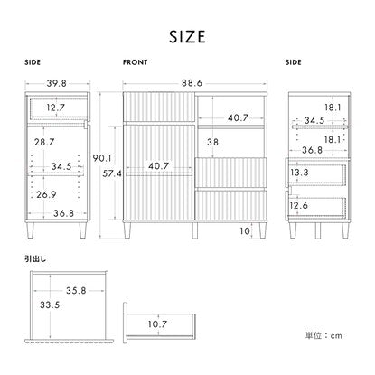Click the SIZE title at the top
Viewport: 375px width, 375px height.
(x=187, y=37)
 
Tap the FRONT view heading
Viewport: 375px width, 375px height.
(x=135, y=62)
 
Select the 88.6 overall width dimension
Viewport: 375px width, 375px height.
(x=192, y=83)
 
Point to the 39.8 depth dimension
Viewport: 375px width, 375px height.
(x=56, y=83)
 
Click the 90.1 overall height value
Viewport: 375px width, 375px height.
(x=102, y=158)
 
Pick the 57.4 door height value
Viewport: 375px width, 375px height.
(x=112, y=173)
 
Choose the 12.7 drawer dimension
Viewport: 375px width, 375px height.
(x=56, y=108)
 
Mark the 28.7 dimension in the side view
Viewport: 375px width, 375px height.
(x=44, y=142)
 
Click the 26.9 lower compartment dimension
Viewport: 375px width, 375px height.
(x=46, y=194)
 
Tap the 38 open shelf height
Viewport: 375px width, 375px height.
(x=212, y=142)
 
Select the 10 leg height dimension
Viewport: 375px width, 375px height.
(x=245, y=231)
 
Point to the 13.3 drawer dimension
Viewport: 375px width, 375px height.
(x=299, y=173)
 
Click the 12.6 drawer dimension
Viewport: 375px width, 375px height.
(x=299, y=205)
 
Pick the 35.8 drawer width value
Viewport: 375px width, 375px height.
(x=76, y=291)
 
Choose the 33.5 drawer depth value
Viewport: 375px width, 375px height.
(x=50, y=305)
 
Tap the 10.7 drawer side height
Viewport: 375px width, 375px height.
(x=157, y=324)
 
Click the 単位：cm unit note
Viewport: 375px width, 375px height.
(x=323, y=335)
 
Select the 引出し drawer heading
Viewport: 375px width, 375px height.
(x=35, y=258)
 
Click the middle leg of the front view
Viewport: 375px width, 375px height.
(x=195, y=230)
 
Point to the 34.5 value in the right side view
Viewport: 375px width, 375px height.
(x=314, y=120)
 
